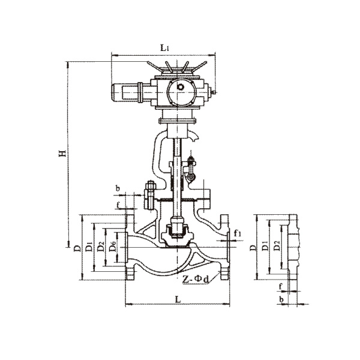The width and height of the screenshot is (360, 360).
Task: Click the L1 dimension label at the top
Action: (164, 48)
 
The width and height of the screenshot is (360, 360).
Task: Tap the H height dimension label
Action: (62, 153)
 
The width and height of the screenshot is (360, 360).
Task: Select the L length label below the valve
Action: (178, 299)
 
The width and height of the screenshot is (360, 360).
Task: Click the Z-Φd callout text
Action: (196, 279)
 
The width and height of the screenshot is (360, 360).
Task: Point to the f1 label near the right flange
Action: (238, 233)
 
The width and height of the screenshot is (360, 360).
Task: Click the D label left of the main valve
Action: (77, 248)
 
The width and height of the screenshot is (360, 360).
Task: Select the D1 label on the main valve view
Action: (89, 247)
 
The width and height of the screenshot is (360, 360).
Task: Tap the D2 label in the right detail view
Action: (277, 245)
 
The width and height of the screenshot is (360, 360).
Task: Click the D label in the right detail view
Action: (253, 247)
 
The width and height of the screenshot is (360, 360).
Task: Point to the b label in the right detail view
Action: (281, 299)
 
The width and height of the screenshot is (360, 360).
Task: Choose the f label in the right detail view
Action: (280, 287)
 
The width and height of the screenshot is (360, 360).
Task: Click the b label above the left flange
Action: (118, 189)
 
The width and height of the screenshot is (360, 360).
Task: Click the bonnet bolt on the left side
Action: (150, 195)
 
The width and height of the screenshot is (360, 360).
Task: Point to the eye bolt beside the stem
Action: (191, 168)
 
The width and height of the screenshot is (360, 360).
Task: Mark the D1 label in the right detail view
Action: (265, 246)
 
